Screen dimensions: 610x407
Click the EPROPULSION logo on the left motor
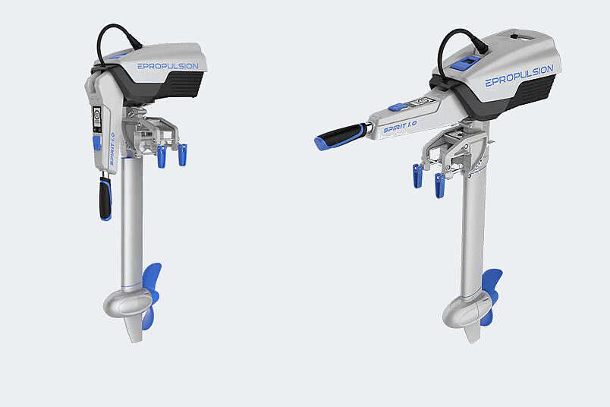coord(168,66)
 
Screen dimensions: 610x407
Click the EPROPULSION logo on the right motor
coord(519,76)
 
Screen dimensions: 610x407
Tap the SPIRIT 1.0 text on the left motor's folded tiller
coord(112,149)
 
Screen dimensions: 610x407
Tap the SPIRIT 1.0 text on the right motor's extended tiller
coord(400,127)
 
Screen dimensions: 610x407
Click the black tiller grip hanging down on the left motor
coord(105,199)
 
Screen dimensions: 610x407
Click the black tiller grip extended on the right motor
coord(341,137)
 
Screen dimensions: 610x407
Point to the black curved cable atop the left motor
coord(115,31)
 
